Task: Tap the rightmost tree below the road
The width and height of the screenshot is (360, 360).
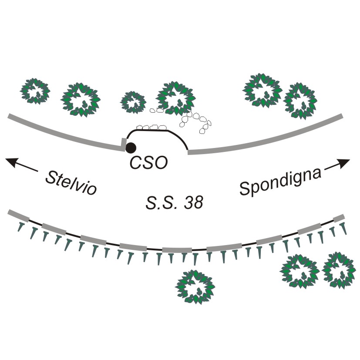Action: pos(339,270)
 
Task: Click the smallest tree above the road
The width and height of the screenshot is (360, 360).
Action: pos(133,102)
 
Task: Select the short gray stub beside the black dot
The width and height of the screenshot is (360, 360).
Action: pos(124,144)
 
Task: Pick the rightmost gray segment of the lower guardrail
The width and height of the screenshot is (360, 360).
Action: pos(339,218)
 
